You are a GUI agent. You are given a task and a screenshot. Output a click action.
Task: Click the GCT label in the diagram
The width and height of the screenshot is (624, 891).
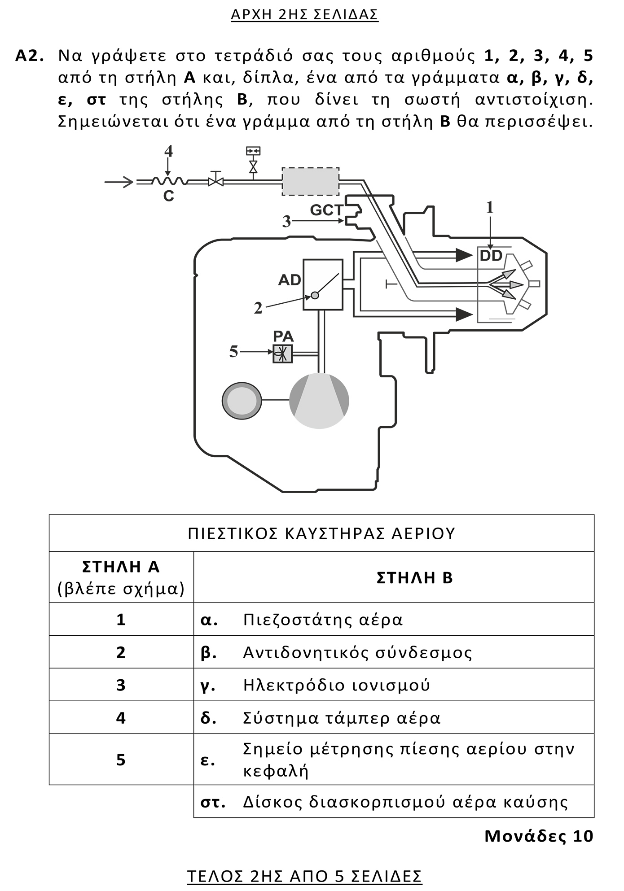tap(326, 210)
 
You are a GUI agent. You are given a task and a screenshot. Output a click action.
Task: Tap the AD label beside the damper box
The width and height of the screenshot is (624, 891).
tap(289, 280)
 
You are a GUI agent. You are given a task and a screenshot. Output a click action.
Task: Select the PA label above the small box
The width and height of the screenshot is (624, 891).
tap(283, 336)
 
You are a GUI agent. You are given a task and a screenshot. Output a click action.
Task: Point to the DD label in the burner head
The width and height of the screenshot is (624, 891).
tap(491, 256)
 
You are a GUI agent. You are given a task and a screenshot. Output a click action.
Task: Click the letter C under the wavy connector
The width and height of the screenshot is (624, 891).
tap(168, 196)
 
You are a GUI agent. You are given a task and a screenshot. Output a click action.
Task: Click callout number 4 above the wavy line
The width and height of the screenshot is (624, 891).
tap(168, 152)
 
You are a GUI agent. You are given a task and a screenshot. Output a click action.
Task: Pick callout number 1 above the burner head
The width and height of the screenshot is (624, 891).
tap(490, 207)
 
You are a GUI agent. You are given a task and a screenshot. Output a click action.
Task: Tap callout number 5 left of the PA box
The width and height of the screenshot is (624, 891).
tap(233, 352)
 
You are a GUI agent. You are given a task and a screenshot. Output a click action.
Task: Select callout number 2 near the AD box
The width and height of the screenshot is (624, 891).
tap(258, 308)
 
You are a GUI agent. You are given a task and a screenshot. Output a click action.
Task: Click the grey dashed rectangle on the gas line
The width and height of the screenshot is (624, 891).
tap(310, 182)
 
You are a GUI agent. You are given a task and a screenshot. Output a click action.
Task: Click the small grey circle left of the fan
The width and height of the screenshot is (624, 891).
tap(242, 401)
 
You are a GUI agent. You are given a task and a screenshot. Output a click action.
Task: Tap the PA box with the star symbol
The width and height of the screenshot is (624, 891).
tap(283, 354)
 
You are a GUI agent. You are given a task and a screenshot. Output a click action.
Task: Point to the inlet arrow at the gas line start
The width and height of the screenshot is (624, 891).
tap(119, 182)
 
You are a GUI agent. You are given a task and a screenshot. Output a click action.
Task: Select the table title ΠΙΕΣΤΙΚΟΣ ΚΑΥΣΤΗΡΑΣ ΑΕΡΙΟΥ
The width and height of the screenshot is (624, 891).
tap(321, 533)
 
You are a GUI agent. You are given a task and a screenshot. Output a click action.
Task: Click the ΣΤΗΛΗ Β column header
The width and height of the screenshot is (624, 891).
tap(415, 577)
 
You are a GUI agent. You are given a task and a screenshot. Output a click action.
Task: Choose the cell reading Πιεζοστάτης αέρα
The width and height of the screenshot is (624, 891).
tap(323, 620)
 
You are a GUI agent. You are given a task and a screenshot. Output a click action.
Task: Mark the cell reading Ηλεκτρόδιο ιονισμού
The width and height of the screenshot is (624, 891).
tap(336, 685)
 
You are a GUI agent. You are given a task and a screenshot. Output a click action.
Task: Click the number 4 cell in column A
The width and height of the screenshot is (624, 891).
tap(121, 718)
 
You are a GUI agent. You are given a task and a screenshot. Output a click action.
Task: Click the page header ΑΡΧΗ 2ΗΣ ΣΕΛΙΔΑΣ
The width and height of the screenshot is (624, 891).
tap(304, 15)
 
